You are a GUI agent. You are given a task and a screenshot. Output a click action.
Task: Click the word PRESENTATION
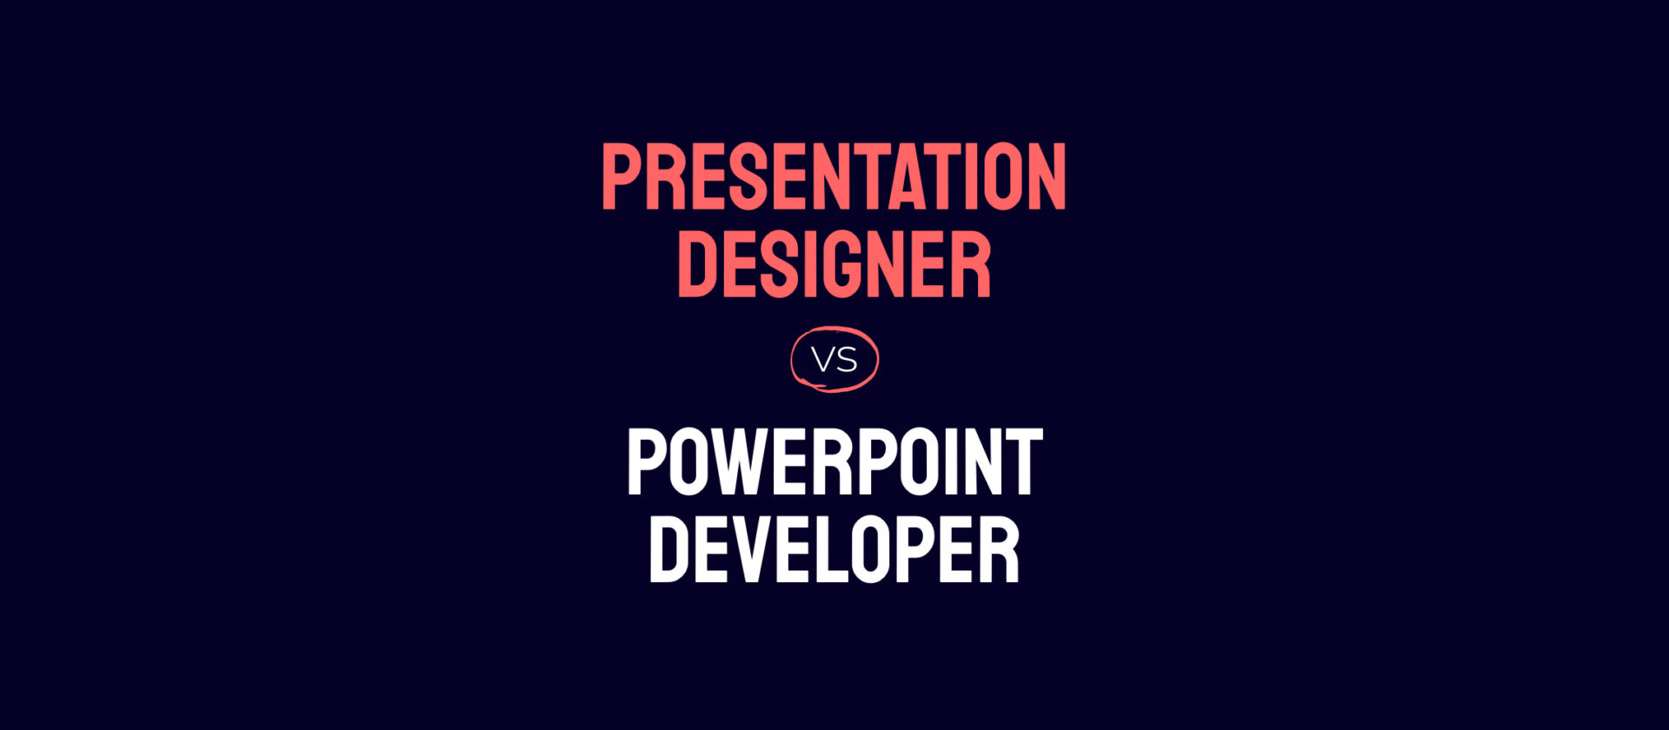[x=834, y=177]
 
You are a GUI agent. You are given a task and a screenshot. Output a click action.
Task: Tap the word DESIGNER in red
[x=834, y=265]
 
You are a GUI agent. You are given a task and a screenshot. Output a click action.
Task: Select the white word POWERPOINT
[x=834, y=462]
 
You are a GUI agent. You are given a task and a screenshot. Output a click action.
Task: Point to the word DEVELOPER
[x=834, y=549]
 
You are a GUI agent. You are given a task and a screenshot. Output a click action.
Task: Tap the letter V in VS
[x=822, y=360]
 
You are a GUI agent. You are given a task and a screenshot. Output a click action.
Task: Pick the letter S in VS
[x=847, y=360]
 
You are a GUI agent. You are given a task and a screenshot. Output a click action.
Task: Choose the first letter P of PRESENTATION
[x=620, y=177]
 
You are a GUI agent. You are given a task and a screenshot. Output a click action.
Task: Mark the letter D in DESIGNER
[x=695, y=265]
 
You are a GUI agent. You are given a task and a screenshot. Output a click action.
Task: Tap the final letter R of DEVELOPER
[x=1000, y=549]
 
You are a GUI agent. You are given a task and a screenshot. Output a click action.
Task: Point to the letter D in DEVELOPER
[x=668, y=549]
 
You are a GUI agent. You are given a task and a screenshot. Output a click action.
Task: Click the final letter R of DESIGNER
[x=973, y=265]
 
